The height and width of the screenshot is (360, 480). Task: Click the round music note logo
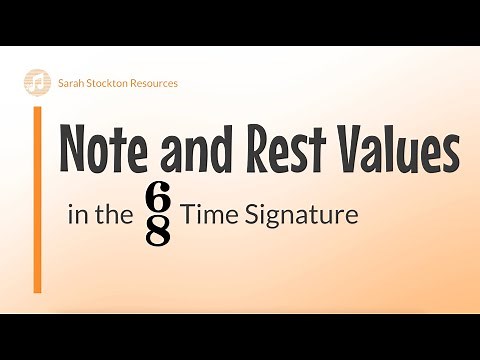coord(36,82)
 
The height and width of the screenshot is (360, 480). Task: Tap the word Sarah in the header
coord(72,83)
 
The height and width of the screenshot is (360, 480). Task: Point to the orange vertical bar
coord(38,199)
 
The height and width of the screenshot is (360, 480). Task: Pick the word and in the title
coord(201,151)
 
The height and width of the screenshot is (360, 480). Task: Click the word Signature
coord(299,215)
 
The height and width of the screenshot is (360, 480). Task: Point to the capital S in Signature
coord(246,215)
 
